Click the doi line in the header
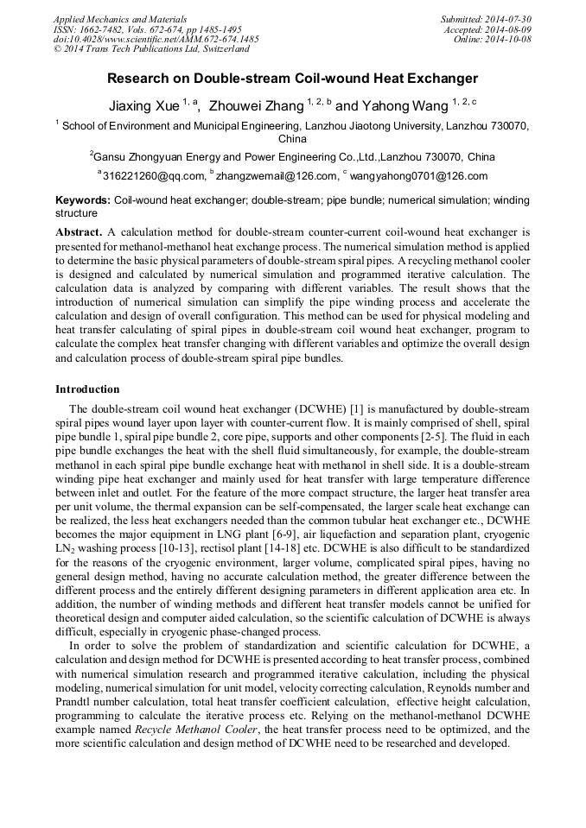(x=156, y=39)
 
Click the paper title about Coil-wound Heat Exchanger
(x=292, y=79)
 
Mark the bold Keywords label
(x=84, y=200)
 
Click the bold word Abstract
(x=79, y=233)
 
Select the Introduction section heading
(x=87, y=389)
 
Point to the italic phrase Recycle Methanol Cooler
(x=195, y=730)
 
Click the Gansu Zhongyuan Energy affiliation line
(x=292, y=157)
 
